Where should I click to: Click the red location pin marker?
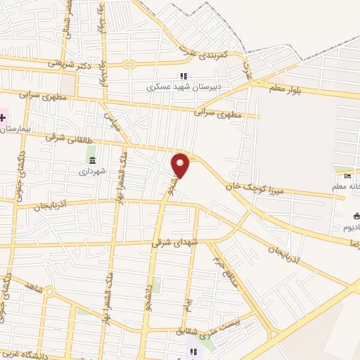[x=181, y=165]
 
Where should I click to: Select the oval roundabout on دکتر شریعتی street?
[x=128, y=65]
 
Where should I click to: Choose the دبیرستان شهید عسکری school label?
[x=182, y=88]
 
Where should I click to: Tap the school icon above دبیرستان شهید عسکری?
[x=183, y=77]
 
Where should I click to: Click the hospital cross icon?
[x=2, y=117]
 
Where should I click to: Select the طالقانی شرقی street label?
[x=65, y=138]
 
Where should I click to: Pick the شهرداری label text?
[x=91, y=171]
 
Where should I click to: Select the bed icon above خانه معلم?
[x=349, y=175]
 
